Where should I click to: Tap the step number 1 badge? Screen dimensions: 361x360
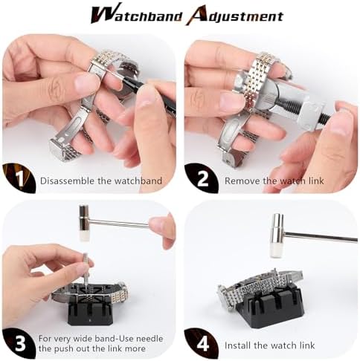[x=16, y=179]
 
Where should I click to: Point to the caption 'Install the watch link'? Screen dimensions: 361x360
[x=269, y=345]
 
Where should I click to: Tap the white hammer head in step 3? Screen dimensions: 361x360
[x=83, y=223]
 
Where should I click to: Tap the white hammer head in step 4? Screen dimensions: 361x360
[x=277, y=225]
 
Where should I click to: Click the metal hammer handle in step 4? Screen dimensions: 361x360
[x=320, y=237]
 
